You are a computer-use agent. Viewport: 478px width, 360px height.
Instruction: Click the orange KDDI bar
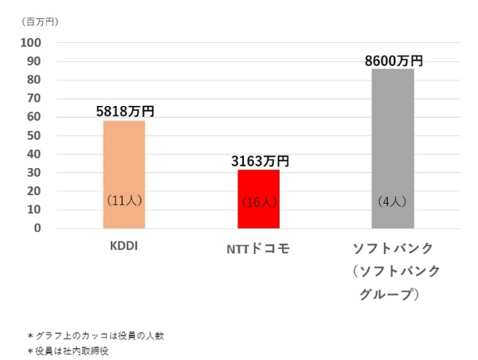point(124,159)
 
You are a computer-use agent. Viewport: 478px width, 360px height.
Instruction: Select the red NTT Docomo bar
point(259,183)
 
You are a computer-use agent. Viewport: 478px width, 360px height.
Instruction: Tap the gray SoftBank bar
point(393,127)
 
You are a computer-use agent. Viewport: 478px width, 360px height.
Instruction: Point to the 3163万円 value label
point(260,161)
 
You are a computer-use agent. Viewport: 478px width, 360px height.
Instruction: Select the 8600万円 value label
point(394,61)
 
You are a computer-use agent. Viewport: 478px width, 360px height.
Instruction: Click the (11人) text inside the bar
point(124,202)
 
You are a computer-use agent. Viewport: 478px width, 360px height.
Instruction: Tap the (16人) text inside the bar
point(259,202)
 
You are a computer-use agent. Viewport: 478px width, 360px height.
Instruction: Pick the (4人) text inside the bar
point(393,202)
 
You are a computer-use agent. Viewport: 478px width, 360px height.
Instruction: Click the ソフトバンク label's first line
point(397,248)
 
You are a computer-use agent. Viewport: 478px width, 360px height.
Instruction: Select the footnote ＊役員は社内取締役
point(67,350)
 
